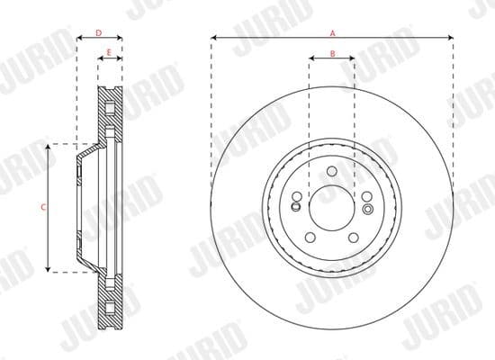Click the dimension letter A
coord(332,32)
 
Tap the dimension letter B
coord(332,54)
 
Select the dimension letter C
coord(45,207)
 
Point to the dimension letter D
coord(99,32)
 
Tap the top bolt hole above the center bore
coord(331,172)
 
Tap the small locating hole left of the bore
coord(294,207)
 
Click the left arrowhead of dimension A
coord(213,38)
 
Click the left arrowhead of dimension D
coord(78,38)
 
